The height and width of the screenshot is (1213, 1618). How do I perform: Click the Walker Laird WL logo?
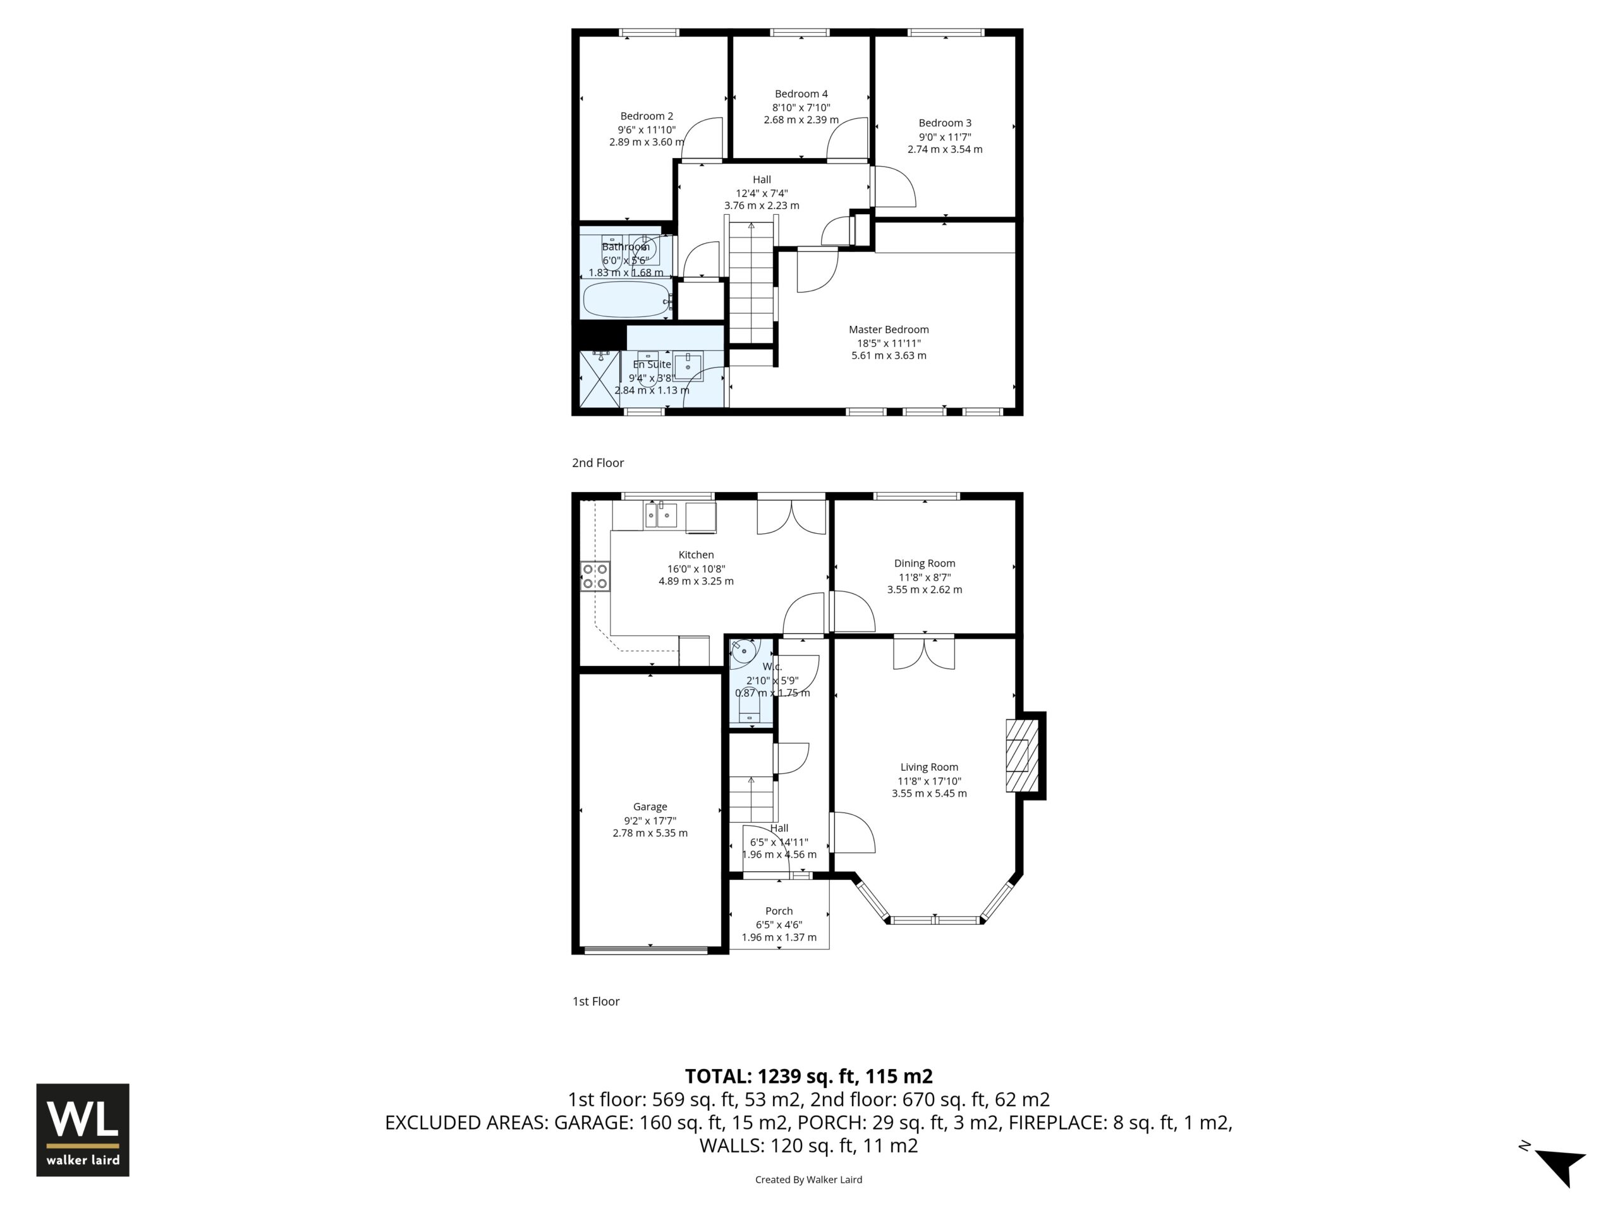[83, 1130]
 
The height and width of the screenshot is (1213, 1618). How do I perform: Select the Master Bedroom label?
[889, 330]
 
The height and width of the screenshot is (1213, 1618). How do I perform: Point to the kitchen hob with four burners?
[595, 576]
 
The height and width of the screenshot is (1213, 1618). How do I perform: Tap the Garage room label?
[650, 807]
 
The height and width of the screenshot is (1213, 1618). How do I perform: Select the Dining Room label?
[925, 563]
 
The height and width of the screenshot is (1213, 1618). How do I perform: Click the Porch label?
[779, 911]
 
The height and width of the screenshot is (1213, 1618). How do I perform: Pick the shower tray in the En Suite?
[600, 378]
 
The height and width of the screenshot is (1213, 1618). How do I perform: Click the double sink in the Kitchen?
[660, 515]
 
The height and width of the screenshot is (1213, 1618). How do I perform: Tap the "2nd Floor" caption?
[598, 463]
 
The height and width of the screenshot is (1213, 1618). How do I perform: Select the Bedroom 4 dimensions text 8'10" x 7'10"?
[801, 107]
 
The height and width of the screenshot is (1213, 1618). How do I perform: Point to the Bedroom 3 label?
[945, 123]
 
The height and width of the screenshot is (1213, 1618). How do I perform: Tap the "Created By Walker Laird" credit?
[808, 1180]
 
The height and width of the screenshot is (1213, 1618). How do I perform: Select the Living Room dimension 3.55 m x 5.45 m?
[929, 794]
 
